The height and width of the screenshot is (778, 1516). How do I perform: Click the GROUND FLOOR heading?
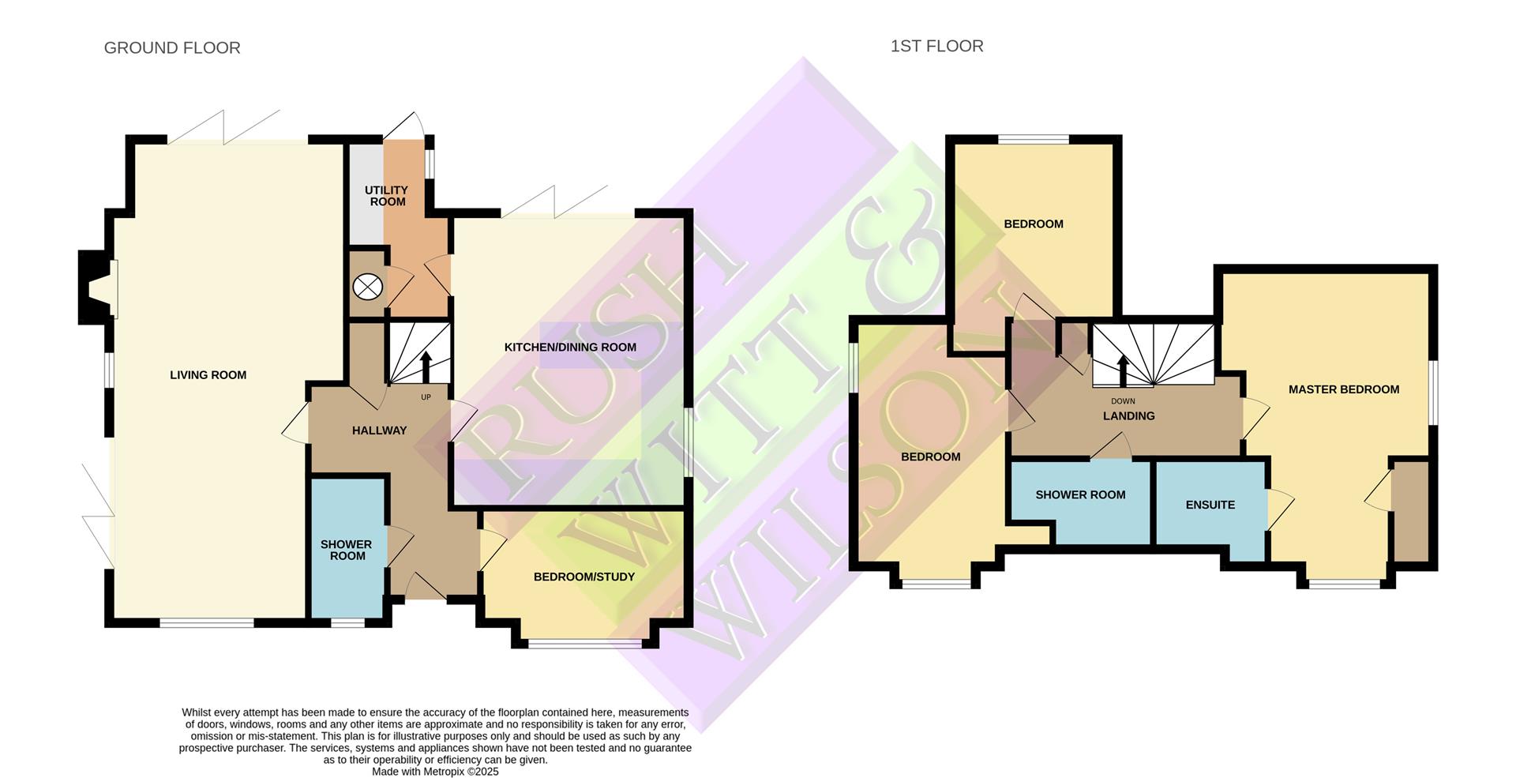pos(172,47)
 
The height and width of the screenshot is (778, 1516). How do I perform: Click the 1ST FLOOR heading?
pos(936,46)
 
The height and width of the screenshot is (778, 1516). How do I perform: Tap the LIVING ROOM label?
pos(208,375)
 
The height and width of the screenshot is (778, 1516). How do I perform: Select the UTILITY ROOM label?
pos(387,196)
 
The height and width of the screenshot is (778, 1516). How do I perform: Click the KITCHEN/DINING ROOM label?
pos(570,348)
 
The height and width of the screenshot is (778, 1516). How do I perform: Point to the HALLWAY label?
pos(379,430)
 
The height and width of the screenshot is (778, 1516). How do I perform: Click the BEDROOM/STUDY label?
pos(584,577)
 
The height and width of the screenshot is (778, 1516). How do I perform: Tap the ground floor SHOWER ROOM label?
pos(347,550)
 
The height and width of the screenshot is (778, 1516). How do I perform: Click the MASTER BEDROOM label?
pos(1343,389)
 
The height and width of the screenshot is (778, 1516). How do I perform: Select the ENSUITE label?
pos(1210,505)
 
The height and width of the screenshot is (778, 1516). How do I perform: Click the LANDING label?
pos(1128,416)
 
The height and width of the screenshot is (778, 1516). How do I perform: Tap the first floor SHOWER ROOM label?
pos(1080,495)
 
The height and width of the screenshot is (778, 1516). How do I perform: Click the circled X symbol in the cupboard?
pos(367,286)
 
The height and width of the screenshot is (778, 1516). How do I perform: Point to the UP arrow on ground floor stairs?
pos(426,367)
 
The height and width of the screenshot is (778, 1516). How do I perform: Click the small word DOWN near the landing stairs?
pos(1122,401)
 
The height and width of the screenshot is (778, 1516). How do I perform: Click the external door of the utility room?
pos(407,126)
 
